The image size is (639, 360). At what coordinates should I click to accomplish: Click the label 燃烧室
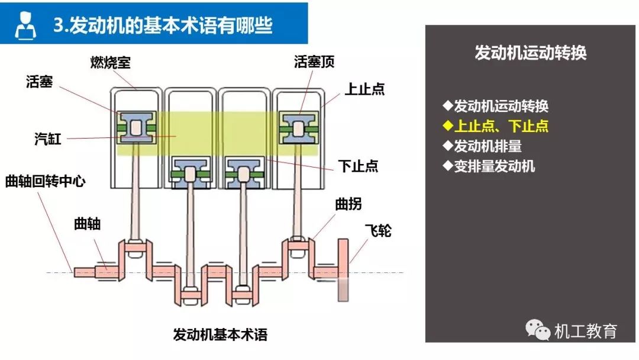pos(111,62)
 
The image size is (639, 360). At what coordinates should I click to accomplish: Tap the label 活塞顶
pos(314,62)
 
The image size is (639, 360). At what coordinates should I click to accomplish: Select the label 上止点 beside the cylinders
pos(364,89)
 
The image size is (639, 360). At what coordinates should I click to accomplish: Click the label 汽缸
pos(47,140)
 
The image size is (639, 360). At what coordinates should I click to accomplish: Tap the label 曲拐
pos(348,204)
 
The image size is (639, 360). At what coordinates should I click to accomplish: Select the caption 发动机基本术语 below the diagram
pos(220,335)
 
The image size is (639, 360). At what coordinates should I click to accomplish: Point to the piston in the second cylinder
pos(190,173)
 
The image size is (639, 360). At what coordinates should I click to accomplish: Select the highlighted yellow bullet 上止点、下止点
pos(496,126)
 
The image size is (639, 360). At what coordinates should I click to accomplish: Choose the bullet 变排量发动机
pos(489,166)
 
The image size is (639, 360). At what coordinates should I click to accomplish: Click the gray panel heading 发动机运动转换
pos(530,53)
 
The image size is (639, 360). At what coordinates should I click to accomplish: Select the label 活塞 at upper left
pos(40,82)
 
